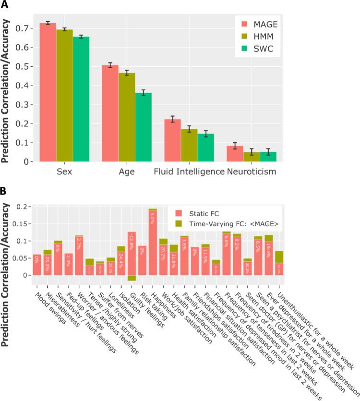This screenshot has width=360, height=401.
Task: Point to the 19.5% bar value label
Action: coord(268,251)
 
